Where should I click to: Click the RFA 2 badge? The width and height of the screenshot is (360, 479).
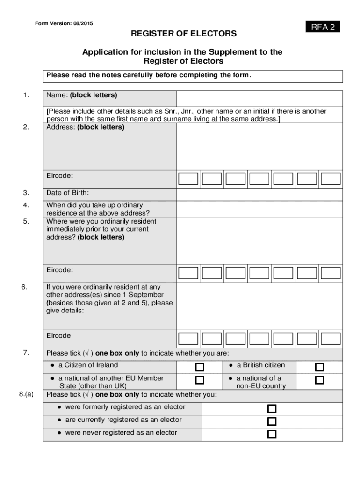pos(323,27)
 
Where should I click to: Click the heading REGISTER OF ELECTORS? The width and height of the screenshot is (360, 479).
pos(183,34)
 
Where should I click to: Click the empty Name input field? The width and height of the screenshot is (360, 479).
pos(259,98)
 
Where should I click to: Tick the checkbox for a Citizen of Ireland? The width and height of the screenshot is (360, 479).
pos(200,367)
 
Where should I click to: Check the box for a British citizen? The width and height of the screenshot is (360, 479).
pos(319,367)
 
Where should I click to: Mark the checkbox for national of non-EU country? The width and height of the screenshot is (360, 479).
pos(319,380)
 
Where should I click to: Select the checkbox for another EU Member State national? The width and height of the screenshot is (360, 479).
pos(200,380)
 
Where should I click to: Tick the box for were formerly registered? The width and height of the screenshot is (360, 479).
pos(272,408)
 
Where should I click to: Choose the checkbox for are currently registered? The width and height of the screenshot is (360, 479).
pos(272,421)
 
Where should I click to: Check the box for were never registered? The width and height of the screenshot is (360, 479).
pos(272,434)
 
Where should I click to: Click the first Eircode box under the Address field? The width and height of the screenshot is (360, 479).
pos(188,179)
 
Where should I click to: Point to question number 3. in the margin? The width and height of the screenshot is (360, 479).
pos(26,193)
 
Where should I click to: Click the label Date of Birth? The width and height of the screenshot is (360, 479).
pos(67,193)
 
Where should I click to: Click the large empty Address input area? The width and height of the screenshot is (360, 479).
pos(259,146)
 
